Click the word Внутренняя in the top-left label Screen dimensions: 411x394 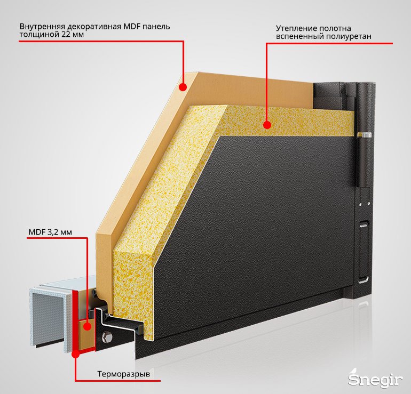[43, 27]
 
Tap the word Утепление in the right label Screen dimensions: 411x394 [293, 28]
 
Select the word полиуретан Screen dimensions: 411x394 [349, 36]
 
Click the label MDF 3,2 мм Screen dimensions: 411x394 [50, 232]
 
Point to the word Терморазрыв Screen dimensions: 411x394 [124, 374]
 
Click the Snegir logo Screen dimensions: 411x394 [375, 379]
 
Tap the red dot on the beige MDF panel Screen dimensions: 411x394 [183, 87]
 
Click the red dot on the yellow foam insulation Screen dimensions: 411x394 [267, 125]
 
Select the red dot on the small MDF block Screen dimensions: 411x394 [88, 326]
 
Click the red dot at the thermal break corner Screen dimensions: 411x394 [75, 354]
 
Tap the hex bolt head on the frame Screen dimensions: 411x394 [107, 337]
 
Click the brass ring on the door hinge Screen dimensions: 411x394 [365, 135]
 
